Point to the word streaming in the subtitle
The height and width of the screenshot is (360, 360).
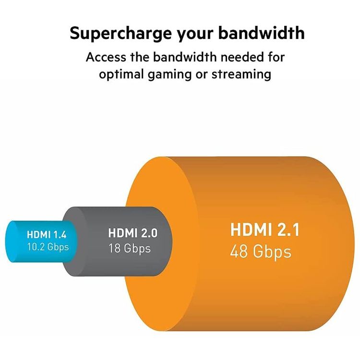pos(244,75)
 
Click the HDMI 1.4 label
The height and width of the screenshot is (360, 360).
pos(48,235)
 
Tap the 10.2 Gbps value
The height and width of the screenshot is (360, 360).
pos(48,247)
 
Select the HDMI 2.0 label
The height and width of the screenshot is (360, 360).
pos(133,234)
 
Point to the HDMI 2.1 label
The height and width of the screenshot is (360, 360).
pos(265,230)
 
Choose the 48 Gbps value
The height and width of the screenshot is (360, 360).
pos(261,251)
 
